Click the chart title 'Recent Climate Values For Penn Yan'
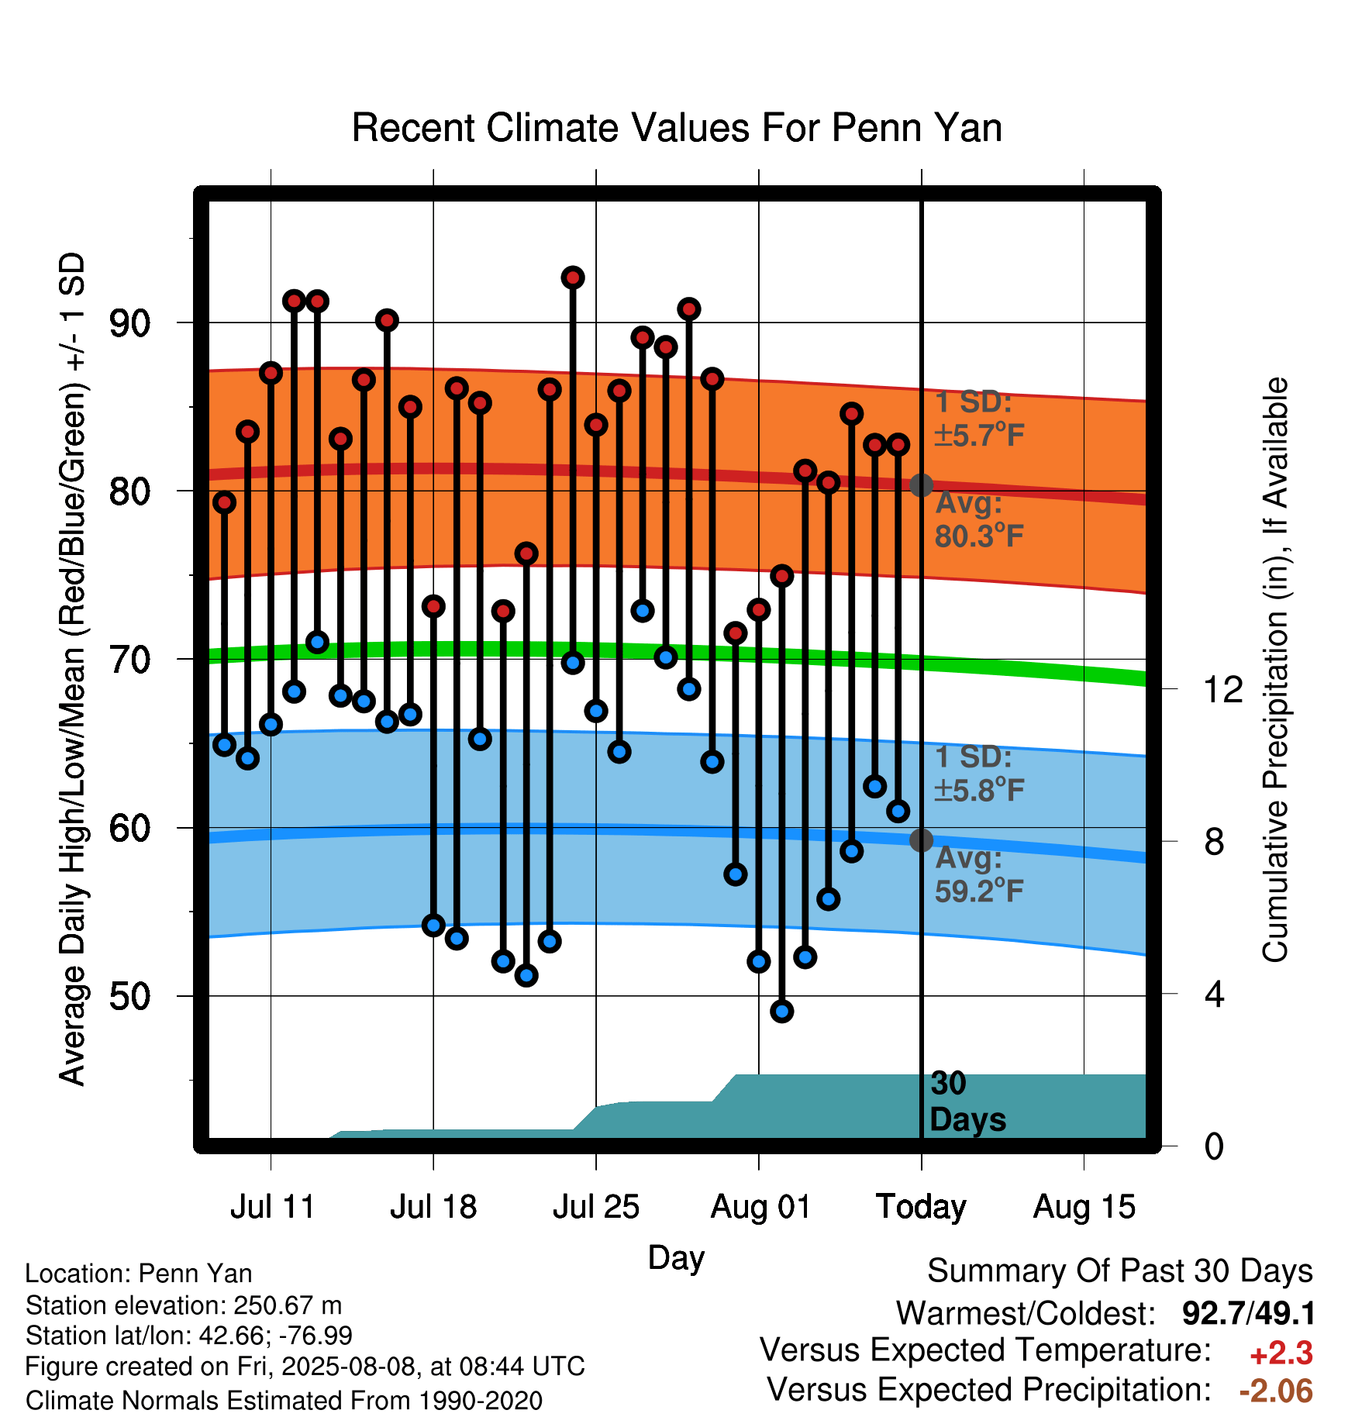pos(677,128)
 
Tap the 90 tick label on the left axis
pos(129,322)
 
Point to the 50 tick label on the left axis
pos(129,996)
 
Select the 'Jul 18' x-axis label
pos(433,1207)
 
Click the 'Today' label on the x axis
pos(921,1207)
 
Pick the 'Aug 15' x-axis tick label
pos(1084,1207)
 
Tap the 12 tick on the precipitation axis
pos(1222,689)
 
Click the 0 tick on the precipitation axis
pos(1214,1146)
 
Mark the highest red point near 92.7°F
pos(573,278)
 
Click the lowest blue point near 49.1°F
pos(782,1011)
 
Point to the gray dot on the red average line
pos(921,485)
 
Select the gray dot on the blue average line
pos(921,840)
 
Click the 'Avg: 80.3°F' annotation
pos(980,519)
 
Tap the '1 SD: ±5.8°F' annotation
pos(979,774)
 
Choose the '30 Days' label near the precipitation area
pos(967,1102)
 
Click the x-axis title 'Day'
pos(676,1257)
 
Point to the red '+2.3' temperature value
pos(1281,1353)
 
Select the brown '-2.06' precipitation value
pos(1276,1391)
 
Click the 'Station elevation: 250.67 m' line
pos(184,1305)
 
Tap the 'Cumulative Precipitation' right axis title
pos(1275,671)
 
